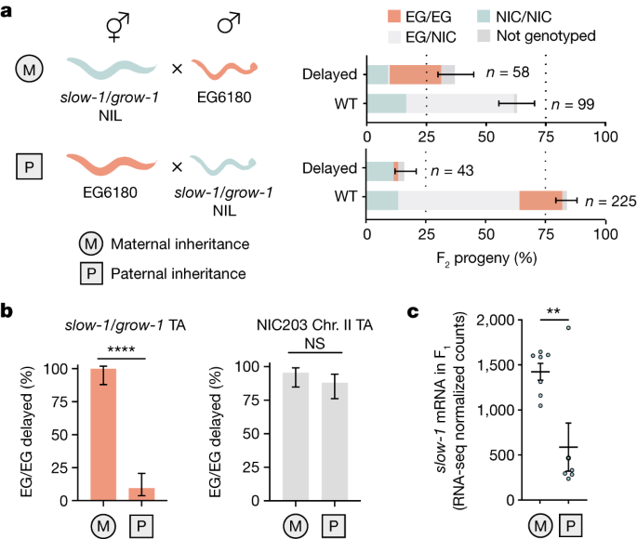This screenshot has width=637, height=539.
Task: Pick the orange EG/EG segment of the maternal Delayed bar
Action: point(415,74)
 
